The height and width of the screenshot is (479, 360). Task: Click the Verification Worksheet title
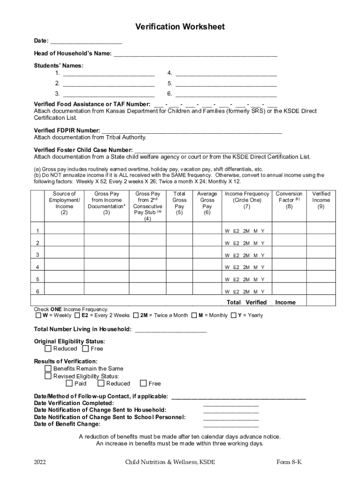180,27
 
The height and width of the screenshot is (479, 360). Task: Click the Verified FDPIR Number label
67,130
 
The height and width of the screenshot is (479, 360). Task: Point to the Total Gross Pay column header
180,203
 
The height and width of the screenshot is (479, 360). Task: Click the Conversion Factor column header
289,200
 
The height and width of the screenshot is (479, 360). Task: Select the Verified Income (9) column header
321,200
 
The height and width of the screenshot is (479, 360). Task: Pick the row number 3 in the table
37,255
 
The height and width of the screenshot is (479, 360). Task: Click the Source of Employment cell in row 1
64,230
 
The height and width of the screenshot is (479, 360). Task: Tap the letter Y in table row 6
263,292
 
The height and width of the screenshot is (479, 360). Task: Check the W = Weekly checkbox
38,315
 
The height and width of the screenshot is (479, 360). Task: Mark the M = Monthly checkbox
194,315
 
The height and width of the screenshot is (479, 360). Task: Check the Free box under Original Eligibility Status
86,348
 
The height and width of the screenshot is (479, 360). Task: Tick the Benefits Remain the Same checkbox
48,369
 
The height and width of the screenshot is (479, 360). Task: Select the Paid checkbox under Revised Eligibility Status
69,384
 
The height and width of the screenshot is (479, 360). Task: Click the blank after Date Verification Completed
231,403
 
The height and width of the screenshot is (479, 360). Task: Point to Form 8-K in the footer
289,462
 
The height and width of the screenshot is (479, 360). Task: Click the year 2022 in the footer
40,462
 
